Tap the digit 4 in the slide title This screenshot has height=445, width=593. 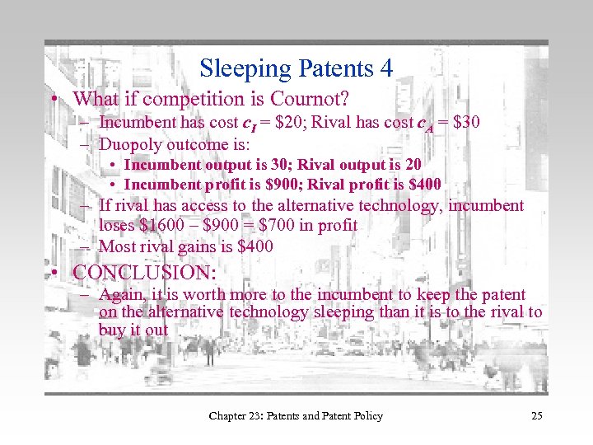tap(385, 68)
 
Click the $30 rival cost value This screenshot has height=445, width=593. tap(461, 123)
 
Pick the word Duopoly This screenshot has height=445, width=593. tap(128, 143)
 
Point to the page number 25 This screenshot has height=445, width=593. tap(536, 416)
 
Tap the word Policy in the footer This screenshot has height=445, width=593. tap(364, 416)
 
